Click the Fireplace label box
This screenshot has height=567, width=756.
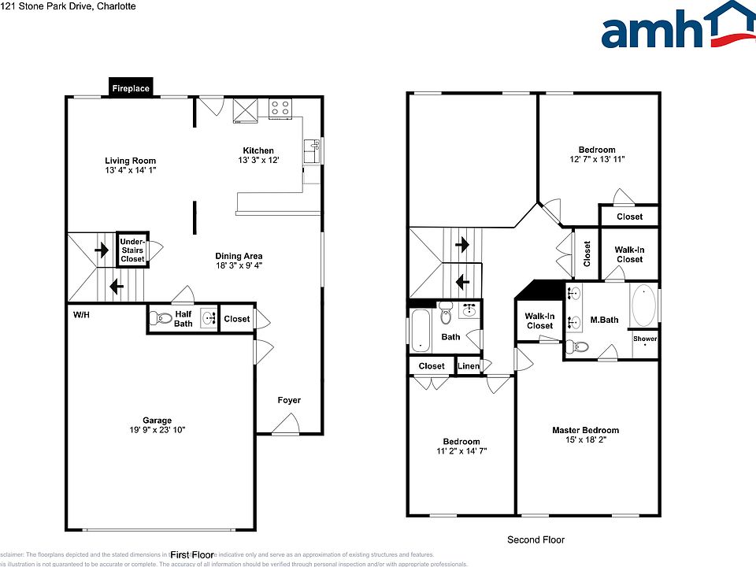131,88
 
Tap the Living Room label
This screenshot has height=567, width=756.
131,161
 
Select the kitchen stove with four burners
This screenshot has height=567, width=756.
280,108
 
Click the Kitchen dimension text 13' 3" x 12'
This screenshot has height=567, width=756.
258,161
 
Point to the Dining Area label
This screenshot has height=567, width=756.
239,256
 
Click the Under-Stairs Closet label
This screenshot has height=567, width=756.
132,250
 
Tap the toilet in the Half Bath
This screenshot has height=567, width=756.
161,319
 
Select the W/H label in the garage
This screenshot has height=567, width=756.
81,314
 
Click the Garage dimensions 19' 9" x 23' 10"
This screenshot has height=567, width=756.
157,430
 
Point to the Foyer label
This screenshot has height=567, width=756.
289,400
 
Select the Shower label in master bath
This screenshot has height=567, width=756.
644,339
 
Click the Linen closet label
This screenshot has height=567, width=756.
469,366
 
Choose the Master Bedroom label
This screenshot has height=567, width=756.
585,430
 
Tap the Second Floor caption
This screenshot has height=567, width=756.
535,539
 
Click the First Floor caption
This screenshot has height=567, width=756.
191,554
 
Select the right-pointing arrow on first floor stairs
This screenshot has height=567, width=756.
102,250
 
